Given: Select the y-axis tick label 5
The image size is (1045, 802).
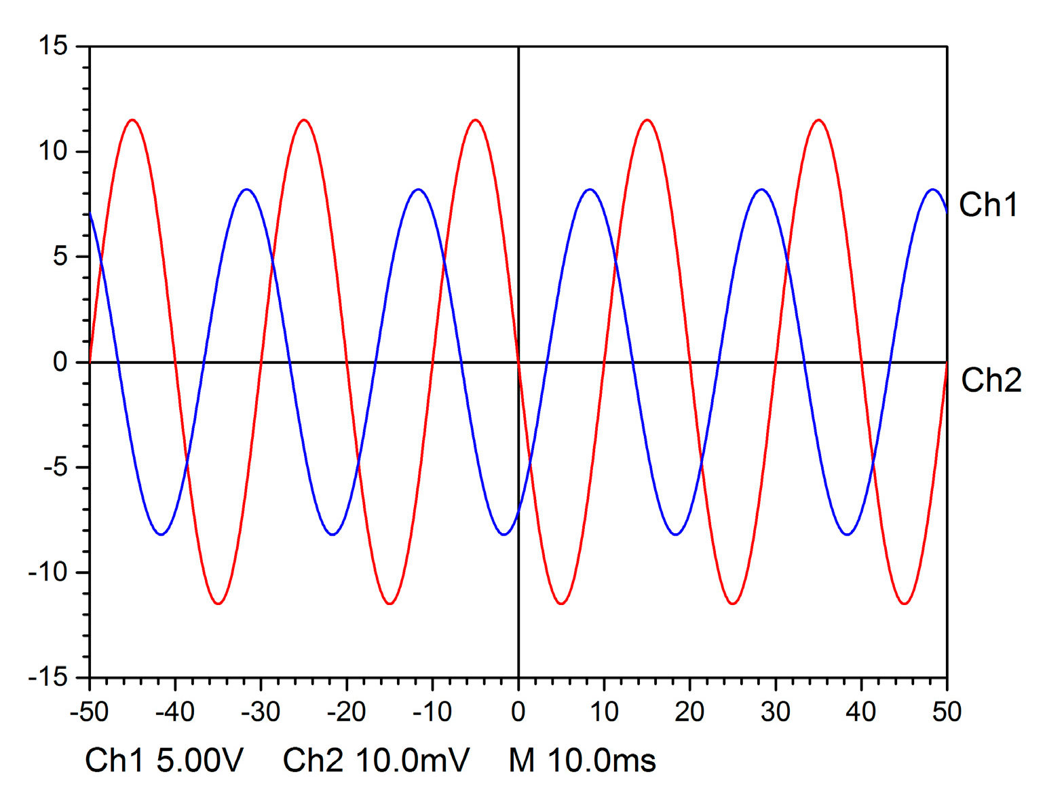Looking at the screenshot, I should (60, 257).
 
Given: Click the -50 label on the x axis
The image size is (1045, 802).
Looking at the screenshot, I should (90, 712).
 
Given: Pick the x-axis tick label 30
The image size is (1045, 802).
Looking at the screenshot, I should (775, 712).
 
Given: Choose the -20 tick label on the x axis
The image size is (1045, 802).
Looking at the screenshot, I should (347, 712).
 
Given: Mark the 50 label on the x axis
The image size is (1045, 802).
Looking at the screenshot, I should (947, 712).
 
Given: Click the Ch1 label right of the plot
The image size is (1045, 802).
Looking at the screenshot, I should (988, 204).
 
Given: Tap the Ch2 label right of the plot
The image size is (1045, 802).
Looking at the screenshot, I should (991, 380).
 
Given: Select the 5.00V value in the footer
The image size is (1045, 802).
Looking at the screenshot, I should (199, 761).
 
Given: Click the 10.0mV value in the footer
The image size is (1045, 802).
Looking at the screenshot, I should (412, 761).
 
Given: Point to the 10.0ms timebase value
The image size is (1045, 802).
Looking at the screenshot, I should (601, 761).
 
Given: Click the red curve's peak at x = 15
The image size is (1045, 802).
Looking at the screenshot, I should (647, 120).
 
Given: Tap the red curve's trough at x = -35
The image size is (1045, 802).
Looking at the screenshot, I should (218, 604).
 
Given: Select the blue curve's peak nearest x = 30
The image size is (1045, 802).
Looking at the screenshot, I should (761, 189).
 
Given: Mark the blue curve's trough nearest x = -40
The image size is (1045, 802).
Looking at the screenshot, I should (161, 534).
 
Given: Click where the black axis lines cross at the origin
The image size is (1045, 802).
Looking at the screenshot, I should (518, 362).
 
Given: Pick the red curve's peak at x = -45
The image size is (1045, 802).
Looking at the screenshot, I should (132, 120).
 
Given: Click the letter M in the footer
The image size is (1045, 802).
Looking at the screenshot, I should (521, 761).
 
